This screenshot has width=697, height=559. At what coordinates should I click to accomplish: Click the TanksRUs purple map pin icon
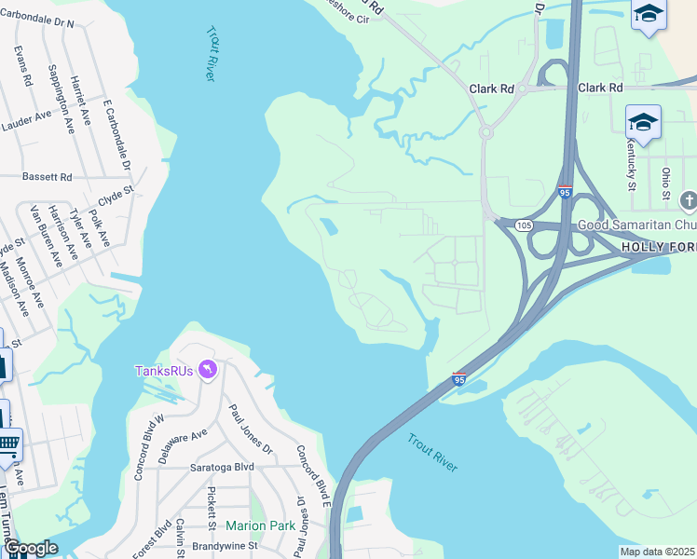[208, 371]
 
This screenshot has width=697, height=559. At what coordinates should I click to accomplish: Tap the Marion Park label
[260, 525]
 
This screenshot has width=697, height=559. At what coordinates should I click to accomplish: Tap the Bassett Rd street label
[48, 176]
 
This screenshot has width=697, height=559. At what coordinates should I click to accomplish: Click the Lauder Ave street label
[26, 117]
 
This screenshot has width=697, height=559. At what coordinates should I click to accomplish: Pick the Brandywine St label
[225, 545]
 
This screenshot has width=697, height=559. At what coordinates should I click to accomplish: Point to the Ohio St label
[665, 183]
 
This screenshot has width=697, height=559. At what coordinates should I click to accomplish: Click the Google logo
[31, 548]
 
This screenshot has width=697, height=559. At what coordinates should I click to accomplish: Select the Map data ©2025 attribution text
[657, 552]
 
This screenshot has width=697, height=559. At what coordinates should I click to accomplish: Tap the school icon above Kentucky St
[643, 122]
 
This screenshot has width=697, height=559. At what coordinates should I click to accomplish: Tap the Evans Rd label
[23, 67]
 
